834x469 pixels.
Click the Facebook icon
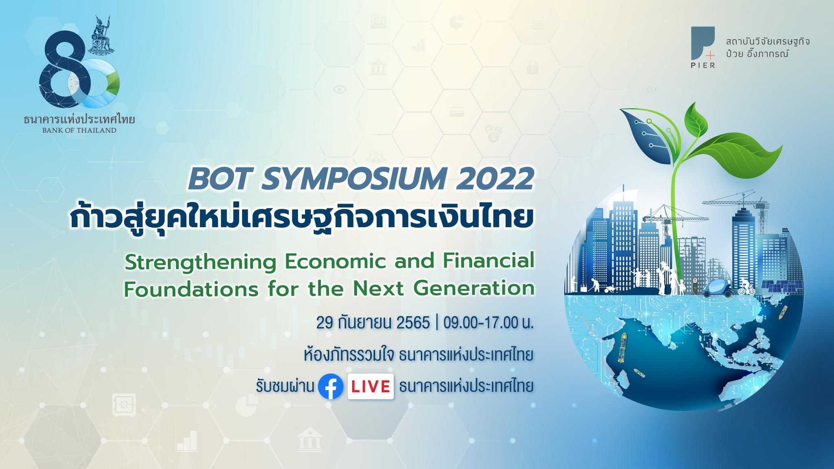click(330, 386)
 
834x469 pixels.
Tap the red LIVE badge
click(371, 386)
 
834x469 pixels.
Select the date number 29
click(325, 323)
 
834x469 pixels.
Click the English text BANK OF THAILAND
click(79, 131)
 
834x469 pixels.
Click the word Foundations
click(191, 289)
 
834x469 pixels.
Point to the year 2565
click(413, 323)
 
